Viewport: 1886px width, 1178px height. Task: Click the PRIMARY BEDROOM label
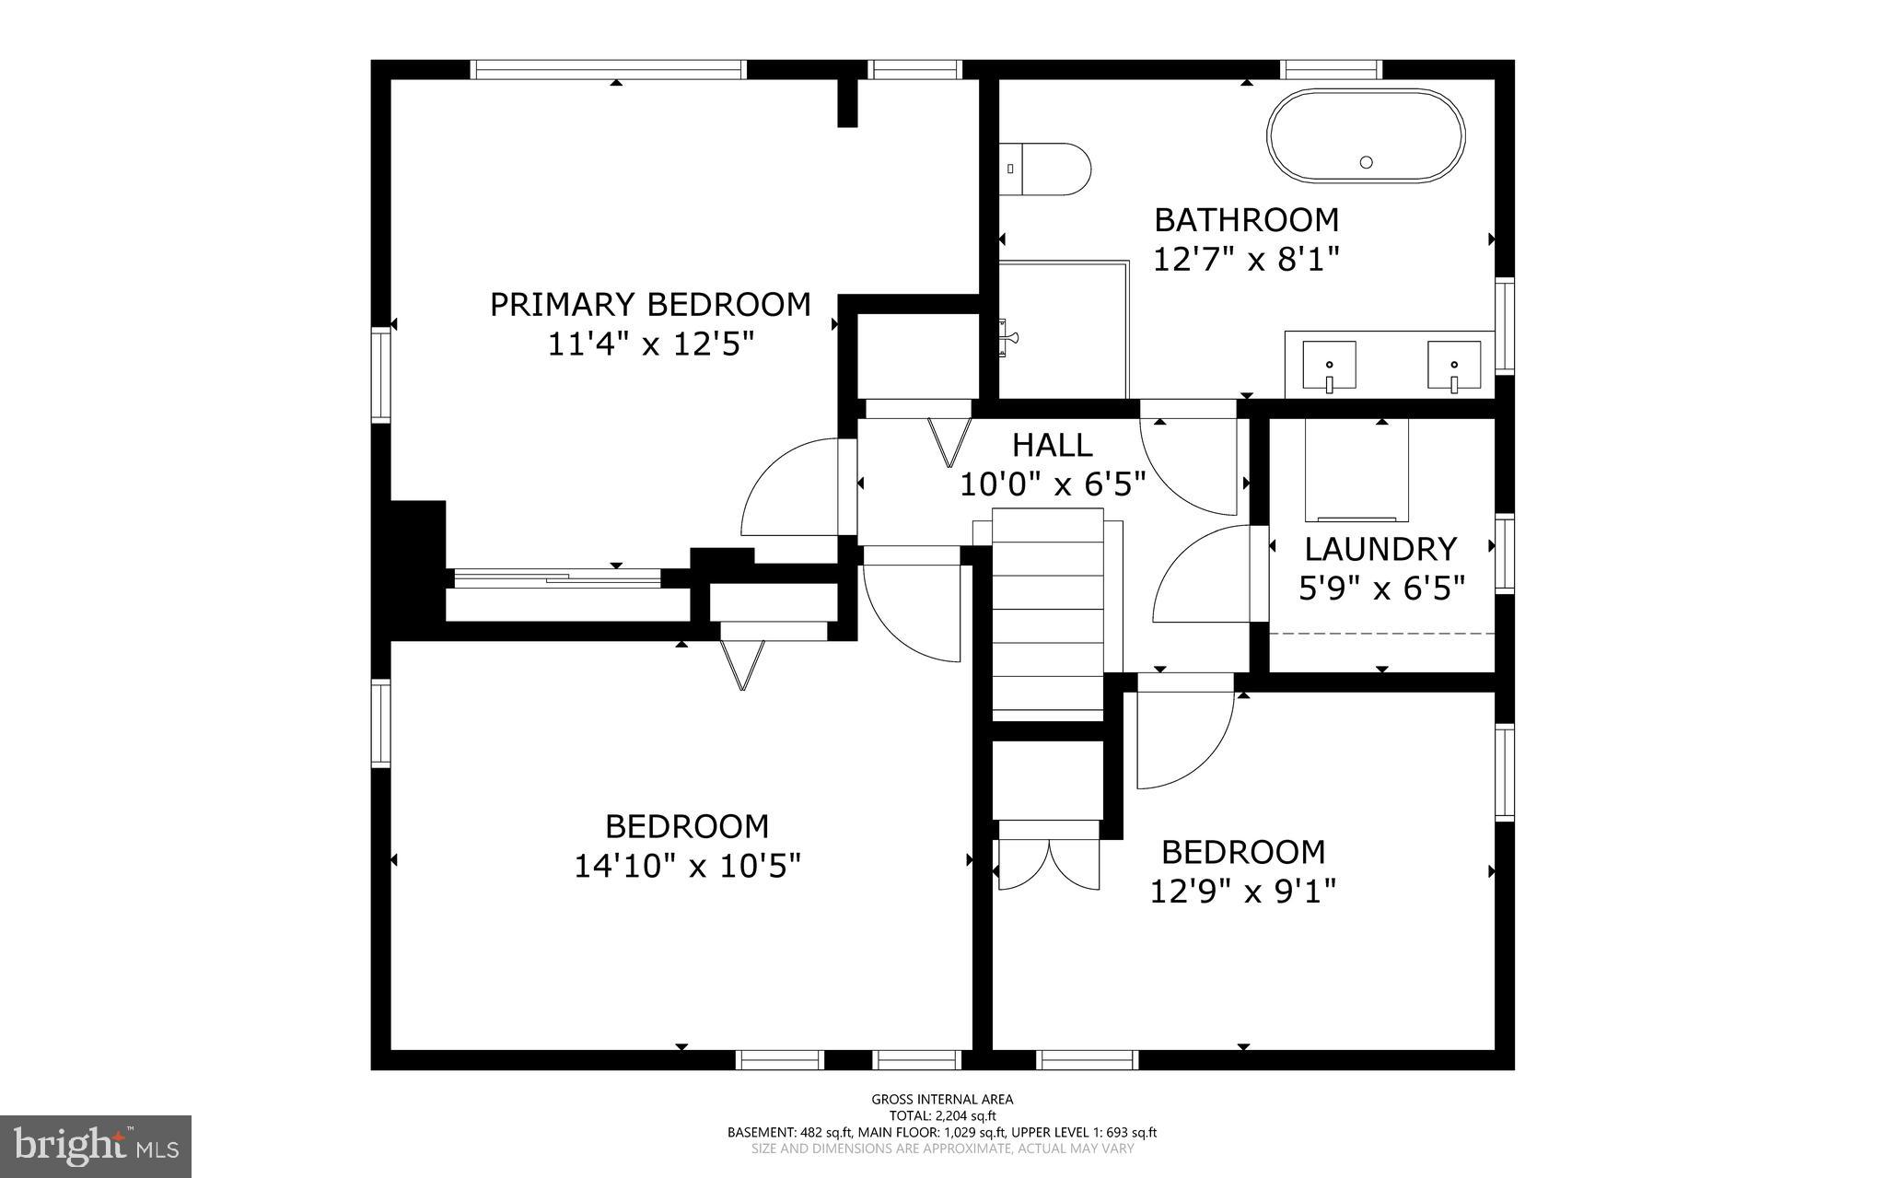pyautogui.click(x=650, y=304)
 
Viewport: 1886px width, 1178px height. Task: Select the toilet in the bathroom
pyautogui.click(x=1049, y=169)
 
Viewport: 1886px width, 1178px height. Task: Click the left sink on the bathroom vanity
pyautogui.click(x=1329, y=365)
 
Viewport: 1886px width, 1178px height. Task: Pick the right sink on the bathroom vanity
pyautogui.click(x=1454, y=365)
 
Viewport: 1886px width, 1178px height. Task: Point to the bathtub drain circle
pyautogui.click(x=1367, y=162)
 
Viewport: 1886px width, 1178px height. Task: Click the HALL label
pyautogui.click(x=1052, y=445)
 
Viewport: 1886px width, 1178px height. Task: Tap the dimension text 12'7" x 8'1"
pyautogui.click(x=1245, y=259)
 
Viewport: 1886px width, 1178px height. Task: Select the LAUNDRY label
pyautogui.click(x=1380, y=549)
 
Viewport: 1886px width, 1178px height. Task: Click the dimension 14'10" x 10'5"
pyautogui.click(x=687, y=866)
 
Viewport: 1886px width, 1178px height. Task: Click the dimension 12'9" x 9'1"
pyautogui.click(x=1243, y=892)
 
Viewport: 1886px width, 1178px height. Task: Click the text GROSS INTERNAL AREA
pyautogui.click(x=942, y=1099)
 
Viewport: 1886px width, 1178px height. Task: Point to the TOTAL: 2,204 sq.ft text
pyautogui.click(x=942, y=1115)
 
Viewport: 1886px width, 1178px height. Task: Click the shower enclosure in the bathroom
pyautogui.click(x=1064, y=330)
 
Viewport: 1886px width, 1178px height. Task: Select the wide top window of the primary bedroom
pyautogui.click(x=607, y=69)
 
